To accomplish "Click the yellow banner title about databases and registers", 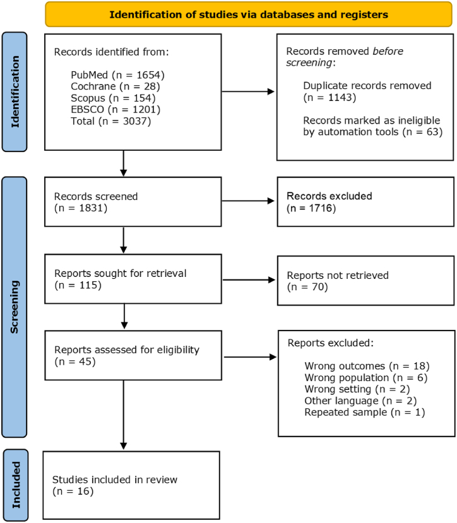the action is [249, 15].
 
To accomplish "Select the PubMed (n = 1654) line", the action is [117, 74].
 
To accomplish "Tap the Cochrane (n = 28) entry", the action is [115, 86].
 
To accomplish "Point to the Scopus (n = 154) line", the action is [113, 98].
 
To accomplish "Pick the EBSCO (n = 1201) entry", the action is [116, 109].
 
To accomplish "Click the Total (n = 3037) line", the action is [111, 121].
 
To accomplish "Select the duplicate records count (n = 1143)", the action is [329, 97].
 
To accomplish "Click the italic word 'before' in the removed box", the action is [388, 51].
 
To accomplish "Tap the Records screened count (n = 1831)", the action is [80, 208].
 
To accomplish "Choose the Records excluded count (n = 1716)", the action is [311, 208].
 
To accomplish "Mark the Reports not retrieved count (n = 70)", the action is [307, 287].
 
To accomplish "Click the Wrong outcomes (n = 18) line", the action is [367, 367].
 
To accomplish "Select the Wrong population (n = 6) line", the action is [366, 378].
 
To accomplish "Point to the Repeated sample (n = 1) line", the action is [365, 413].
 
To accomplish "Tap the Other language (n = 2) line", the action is [360, 401].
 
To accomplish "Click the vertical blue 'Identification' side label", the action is [15, 91].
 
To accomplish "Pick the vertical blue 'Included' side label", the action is [16, 485].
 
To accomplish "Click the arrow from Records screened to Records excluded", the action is [248, 201].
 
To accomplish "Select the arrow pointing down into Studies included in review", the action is [124, 414].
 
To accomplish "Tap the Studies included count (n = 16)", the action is [73, 491].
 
